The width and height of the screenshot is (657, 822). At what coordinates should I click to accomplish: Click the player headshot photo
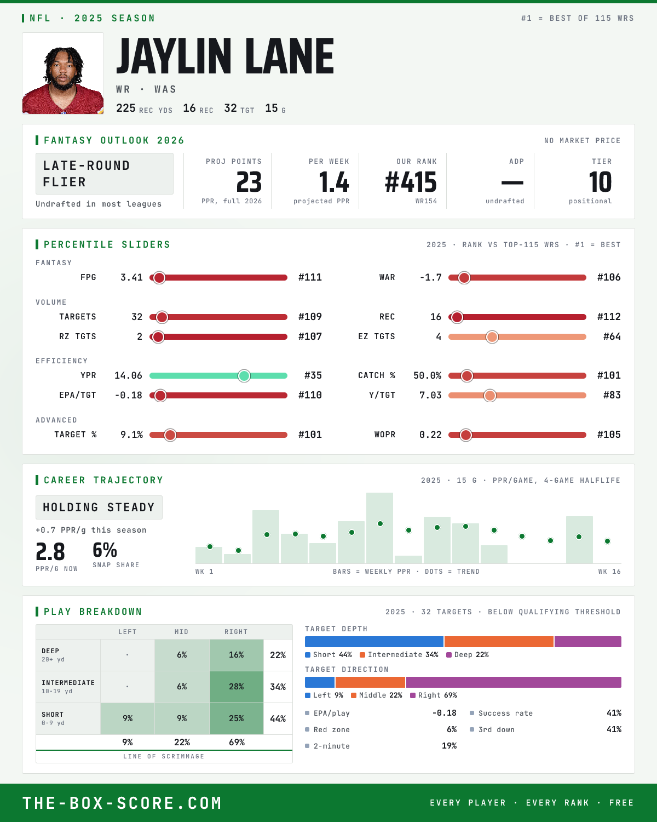click(63, 73)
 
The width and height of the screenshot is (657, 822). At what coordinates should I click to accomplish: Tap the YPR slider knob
click(244, 376)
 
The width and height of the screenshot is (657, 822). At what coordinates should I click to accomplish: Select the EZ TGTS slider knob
click(492, 337)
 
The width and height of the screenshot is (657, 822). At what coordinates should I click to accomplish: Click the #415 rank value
click(411, 182)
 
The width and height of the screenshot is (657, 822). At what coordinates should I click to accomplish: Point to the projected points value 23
click(249, 182)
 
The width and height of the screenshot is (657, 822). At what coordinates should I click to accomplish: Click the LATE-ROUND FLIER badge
click(104, 174)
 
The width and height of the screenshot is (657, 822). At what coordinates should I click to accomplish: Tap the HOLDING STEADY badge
click(99, 507)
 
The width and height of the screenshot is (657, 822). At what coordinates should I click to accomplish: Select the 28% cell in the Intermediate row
click(237, 687)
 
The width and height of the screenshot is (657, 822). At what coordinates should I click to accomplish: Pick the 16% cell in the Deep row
click(237, 655)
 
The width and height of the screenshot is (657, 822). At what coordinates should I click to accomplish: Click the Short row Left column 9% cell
click(128, 718)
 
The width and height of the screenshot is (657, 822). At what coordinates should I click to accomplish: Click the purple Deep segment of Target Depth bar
click(588, 642)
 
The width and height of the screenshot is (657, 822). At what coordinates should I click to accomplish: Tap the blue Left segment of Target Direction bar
click(320, 682)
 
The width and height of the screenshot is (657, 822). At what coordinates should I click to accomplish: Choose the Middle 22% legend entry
click(377, 695)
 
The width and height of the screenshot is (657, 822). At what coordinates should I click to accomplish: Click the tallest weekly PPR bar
click(379, 528)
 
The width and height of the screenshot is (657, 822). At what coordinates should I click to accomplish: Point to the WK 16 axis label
click(609, 572)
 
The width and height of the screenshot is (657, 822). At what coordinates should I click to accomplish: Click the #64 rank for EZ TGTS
click(612, 336)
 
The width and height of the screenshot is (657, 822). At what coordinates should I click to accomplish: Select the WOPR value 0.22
click(430, 435)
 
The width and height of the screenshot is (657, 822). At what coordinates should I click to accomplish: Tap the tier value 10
click(600, 182)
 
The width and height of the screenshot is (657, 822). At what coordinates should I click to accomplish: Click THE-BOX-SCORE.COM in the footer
click(122, 803)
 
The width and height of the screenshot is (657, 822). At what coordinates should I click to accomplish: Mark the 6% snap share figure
click(105, 550)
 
